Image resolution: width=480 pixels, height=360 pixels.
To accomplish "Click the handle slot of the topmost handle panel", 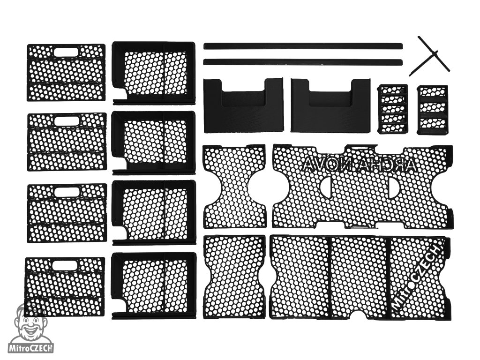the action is [x=68, y=51].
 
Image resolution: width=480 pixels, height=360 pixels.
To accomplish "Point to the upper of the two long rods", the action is [x=303, y=46].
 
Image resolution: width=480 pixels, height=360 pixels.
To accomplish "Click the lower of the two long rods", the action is [x=303, y=62].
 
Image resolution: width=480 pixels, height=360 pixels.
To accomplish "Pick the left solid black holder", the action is [x=243, y=105].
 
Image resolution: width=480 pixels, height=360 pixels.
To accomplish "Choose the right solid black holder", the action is [x=330, y=105].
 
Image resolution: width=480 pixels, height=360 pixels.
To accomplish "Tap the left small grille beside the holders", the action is [x=392, y=109].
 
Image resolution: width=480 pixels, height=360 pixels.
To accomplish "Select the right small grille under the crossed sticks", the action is [x=432, y=109].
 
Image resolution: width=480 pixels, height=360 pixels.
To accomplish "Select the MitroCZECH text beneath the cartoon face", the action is [x=31, y=348].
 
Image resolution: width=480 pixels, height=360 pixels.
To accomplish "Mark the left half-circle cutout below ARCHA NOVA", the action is [x=325, y=187].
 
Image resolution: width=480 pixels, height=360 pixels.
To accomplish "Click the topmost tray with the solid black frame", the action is [x=154, y=72].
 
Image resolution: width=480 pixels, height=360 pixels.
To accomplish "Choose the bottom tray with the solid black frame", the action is [x=154, y=285].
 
